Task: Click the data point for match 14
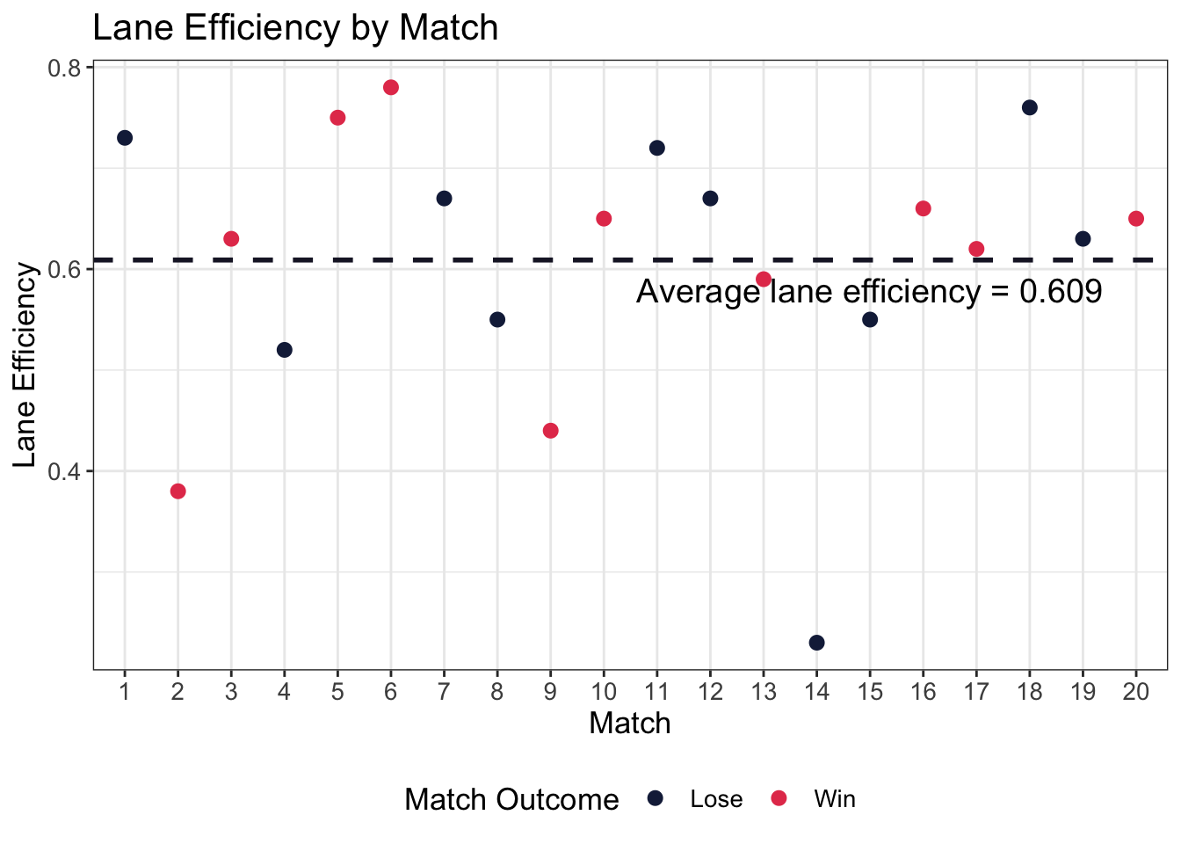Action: click(816, 643)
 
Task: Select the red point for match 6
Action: click(391, 87)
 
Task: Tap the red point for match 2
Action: click(178, 491)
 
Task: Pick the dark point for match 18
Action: click(1029, 107)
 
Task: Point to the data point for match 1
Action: click(125, 138)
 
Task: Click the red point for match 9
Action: click(550, 430)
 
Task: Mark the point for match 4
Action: click(284, 350)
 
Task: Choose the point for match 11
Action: click(656, 148)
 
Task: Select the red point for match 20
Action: click(1135, 218)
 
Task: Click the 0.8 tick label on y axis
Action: click(63, 69)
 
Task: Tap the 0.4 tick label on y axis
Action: click(63, 471)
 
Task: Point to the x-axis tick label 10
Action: click(604, 693)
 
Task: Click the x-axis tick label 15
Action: click(869, 693)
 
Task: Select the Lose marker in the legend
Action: click(655, 797)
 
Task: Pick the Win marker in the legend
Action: click(779, 797)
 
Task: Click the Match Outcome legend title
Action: click(511, 799)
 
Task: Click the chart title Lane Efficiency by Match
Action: click(295, 28)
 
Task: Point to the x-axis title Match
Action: click(629, 723)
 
